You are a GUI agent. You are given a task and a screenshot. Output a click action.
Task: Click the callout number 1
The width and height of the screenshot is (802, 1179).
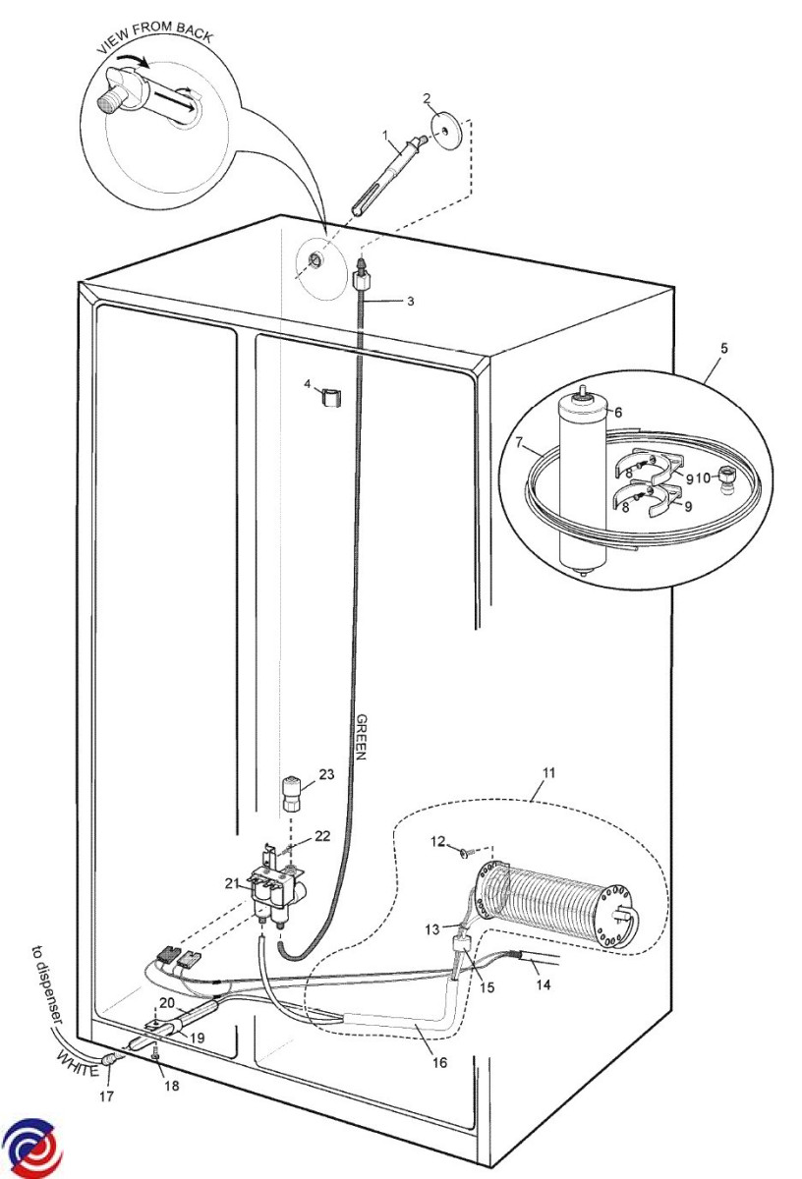point(386,133)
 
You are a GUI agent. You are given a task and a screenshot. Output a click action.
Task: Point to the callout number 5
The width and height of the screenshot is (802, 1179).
point(724,348)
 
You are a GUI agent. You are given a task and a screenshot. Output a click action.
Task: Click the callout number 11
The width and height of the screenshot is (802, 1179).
point(548,773)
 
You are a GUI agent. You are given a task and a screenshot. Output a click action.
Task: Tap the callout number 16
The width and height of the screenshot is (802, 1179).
point(438,1062)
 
